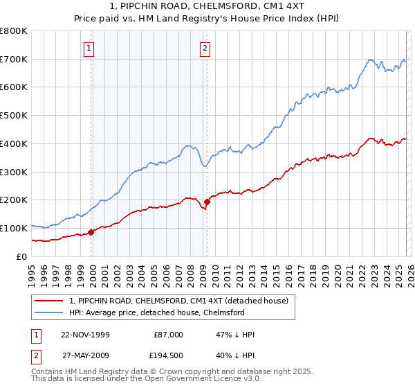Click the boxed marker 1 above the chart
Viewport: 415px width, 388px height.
[91, 48]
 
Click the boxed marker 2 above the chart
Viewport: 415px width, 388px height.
[206, 48]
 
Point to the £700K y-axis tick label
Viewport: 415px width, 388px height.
[14, 60]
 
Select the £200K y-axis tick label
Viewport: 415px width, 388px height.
[14, 200]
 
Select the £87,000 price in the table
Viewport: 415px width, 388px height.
[168, 335]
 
